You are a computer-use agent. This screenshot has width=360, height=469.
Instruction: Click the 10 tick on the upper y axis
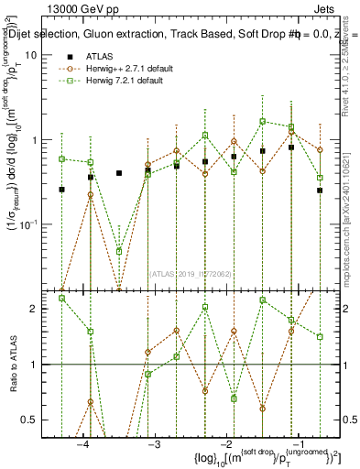(x=39, y=55)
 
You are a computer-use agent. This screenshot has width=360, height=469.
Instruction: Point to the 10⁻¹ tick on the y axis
(x=37, y=224)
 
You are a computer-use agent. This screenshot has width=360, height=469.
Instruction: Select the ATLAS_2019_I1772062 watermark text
(x=191, y=272)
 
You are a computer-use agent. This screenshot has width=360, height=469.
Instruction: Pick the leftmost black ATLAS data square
(x=61, y=190)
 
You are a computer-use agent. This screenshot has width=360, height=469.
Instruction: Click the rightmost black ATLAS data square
(x=320, y=191)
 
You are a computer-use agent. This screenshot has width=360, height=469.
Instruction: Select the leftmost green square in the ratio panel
(x=61, y=298)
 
